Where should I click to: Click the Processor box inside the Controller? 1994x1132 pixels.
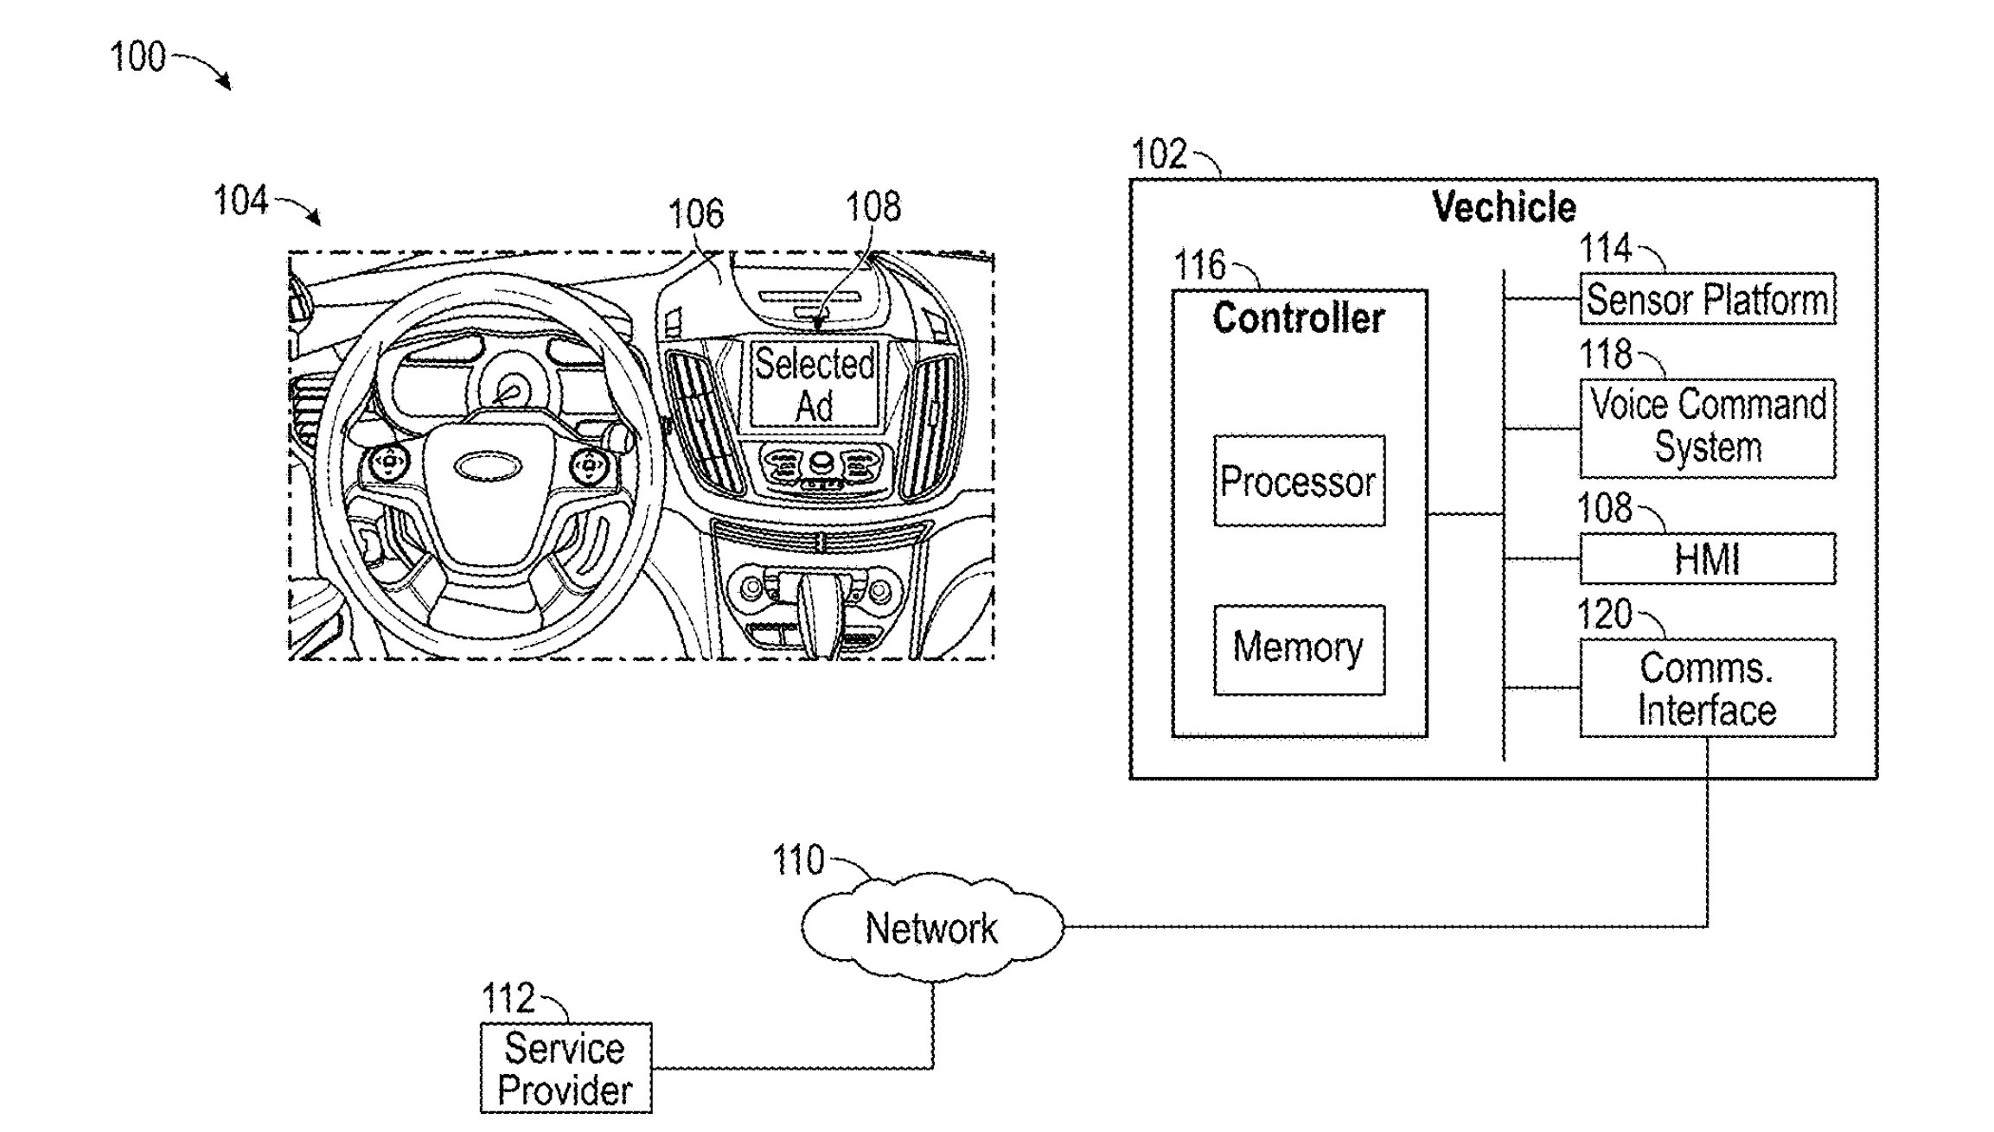(x=1298, y=480)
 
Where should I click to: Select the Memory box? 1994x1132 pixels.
(x=1298, y=648)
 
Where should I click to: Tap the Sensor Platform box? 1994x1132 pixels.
(x=1706, y=299)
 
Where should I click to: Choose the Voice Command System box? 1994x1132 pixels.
(x=1706, y=427)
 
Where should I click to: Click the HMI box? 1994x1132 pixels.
(x=1706, y=558)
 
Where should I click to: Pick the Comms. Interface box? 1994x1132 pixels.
(x=1706, y=688)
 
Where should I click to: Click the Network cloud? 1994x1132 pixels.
(x=931, y=928)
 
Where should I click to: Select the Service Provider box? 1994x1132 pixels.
(x=565, y=1068)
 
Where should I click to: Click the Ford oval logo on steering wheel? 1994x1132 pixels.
(x=489, y=467)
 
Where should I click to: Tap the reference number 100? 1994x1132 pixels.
(x=137, y=57)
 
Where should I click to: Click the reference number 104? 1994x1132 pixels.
(x=240, y=200)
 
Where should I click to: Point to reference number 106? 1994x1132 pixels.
(x=695, y=214)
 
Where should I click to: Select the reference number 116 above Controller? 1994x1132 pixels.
(x=1199, y=264)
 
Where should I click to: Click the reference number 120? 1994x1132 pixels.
(x=1604, y=614)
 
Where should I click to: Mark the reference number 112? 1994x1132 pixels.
(x=508, y=999)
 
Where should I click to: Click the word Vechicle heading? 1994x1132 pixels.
(x=1503, y=207)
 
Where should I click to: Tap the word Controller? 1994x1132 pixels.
(x=1298, y=318)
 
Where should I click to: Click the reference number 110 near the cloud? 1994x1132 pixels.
(x=797, y=861)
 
